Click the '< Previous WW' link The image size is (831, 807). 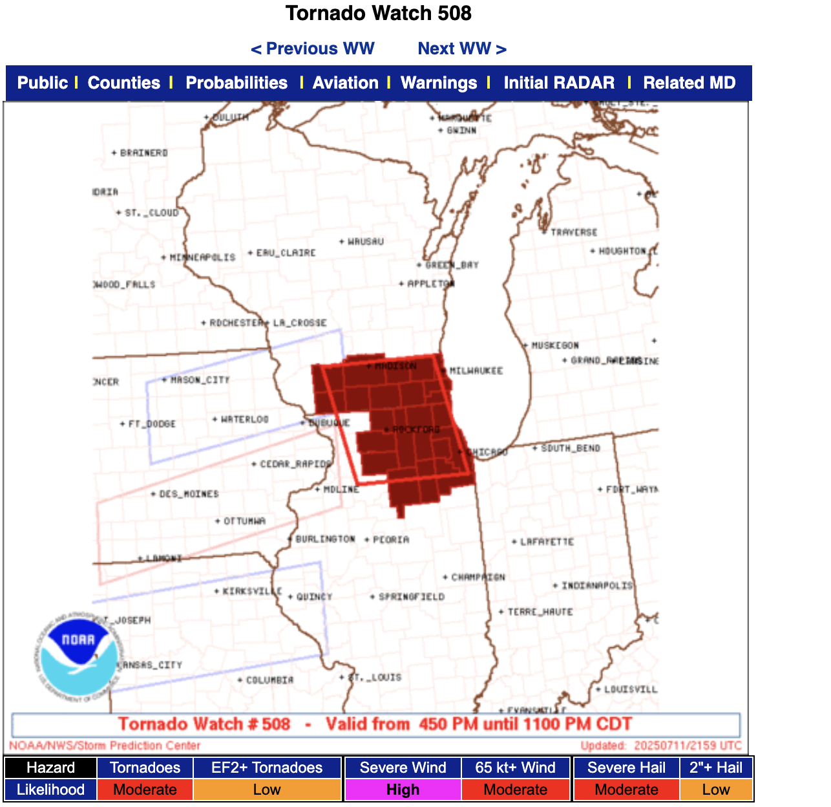pyautogui.click(x=312, y=48)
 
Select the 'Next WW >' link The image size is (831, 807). pyautogui.click(x=461, y=48)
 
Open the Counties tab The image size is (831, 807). pyautogui.click(x=123, y=83)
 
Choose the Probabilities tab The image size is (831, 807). pyautogui.click(x=237, y=83)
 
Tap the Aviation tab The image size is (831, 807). pyautogui.click(x=345, y=83)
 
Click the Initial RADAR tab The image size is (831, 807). pyautogui.click(x=559, y=83)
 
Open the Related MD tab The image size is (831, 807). pyautogui.click(x=689, y=83)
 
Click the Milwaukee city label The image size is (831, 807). pyautogui.click(x=476, y=371)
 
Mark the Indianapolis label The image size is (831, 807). pyautogui.click(x=596, y=585)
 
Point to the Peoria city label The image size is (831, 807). pyautogui.click(x=390, y=539)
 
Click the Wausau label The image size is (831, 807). pyautogui.click(x=365, y=241)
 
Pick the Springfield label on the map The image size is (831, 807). pyautogui.click(x=411, y=596)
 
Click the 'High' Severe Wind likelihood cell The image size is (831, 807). pyautogui.click(x=403, y=790)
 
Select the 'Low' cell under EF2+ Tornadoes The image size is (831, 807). pyautogui.click(x=267, y=790)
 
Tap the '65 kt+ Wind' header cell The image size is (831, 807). pyautogui.click(x=515, y=768)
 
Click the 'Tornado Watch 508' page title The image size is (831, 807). pyautogui.click(x=379, y=13)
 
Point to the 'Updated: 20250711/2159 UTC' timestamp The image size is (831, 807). pyautogui.click(x=660, y=746)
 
